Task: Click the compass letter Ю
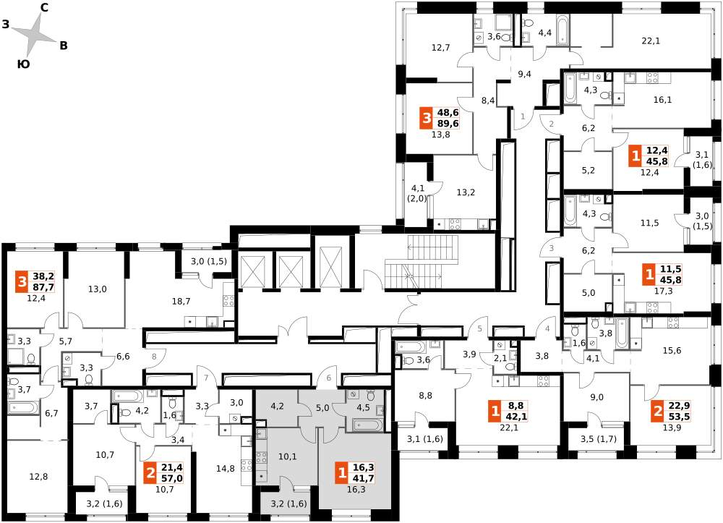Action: point(23,64)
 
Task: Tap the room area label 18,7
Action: point(181,301)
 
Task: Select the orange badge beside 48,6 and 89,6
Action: point(427,118)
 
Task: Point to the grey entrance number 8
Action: point(154,356)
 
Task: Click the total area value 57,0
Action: point(172,478)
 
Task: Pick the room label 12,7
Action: point(441,47)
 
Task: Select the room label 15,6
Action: point(672,351)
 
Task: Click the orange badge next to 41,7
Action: point(342,473)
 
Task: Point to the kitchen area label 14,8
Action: point(225,469)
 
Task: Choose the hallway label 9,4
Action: point(524,74)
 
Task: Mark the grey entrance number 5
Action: point(479,329)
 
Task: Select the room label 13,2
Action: point(466,192)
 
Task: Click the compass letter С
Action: point(45,7)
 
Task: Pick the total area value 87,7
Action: point(43,287)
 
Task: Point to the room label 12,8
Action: point(38,477)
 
